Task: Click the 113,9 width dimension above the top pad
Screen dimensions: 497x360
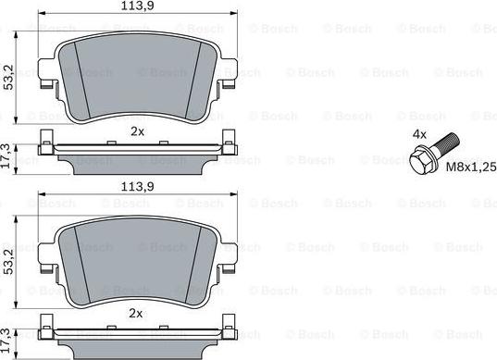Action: pos(138,6)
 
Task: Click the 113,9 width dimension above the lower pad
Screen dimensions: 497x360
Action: pos(138,187)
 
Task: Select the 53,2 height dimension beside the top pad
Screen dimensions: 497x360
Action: pos(8,77)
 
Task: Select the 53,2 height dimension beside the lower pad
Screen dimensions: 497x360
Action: pos(8,262)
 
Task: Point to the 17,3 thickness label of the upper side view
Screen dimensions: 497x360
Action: pos(6,155)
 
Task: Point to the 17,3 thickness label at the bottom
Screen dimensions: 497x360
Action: pos(6,341)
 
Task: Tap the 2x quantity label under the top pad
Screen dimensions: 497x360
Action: pos(137,131)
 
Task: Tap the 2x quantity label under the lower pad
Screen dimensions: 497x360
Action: pos(136,314)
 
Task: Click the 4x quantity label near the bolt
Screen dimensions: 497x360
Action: pos(419,134)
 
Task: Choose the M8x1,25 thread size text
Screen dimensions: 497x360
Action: pos(471,167)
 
